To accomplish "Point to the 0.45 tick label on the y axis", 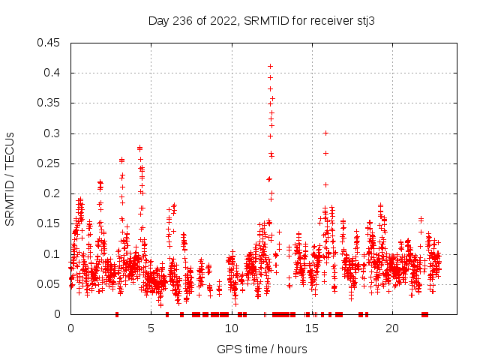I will click(x=49, y=43).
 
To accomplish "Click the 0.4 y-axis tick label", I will click(x=52, y=73).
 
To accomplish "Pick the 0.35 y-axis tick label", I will click(x=49, y=103).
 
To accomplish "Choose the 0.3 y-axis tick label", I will click(x=52, y=133).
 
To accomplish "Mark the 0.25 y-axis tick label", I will click(x=49, y=163).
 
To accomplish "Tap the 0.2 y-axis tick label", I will click(x=52, y=193).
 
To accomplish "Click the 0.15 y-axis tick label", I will click(x=49, y=224).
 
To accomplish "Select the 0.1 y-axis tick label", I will click(x=52, y=254).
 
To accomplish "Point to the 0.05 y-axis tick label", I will click(x=49, y=284).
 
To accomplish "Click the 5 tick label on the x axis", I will click(x=151, y=328).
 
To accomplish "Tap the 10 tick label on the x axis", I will click(x=231, y=328).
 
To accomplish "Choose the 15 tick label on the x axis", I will click(x=311, y=328).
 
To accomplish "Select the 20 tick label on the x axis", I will click(x=391, y=328).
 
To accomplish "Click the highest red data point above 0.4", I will click(x=270, y=67).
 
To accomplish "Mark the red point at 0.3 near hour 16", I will click(x=325, y=133).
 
